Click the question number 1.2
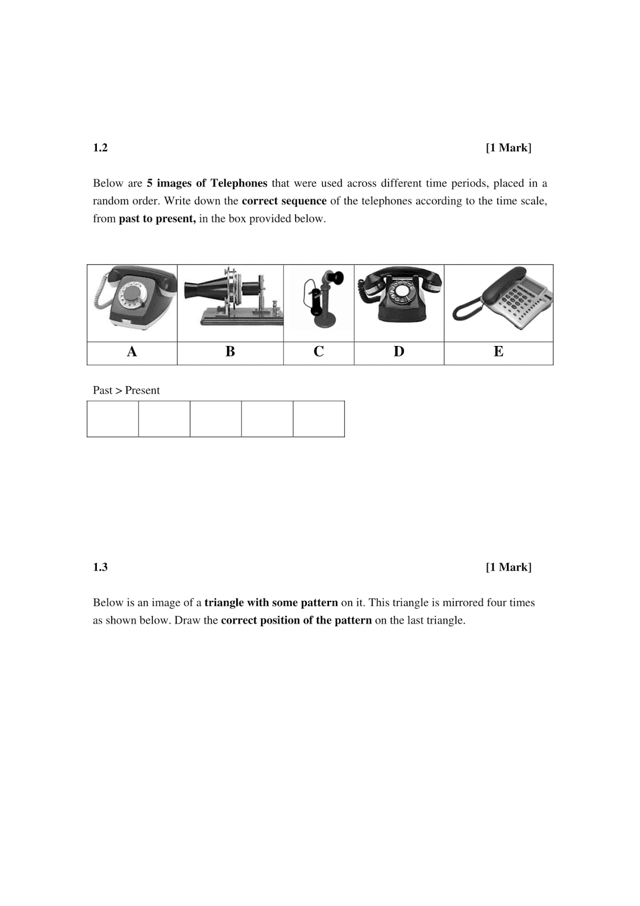100,148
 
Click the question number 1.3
100,567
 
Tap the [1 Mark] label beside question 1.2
508,148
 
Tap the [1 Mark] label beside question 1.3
508,567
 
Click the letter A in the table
132,352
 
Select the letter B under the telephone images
230,352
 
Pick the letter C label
318,352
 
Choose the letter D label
399,352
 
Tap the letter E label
498,352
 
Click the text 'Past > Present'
126,390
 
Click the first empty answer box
113,419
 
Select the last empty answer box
318,419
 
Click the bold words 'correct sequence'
284,201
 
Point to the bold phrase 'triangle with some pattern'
271,602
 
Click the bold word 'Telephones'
238,183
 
